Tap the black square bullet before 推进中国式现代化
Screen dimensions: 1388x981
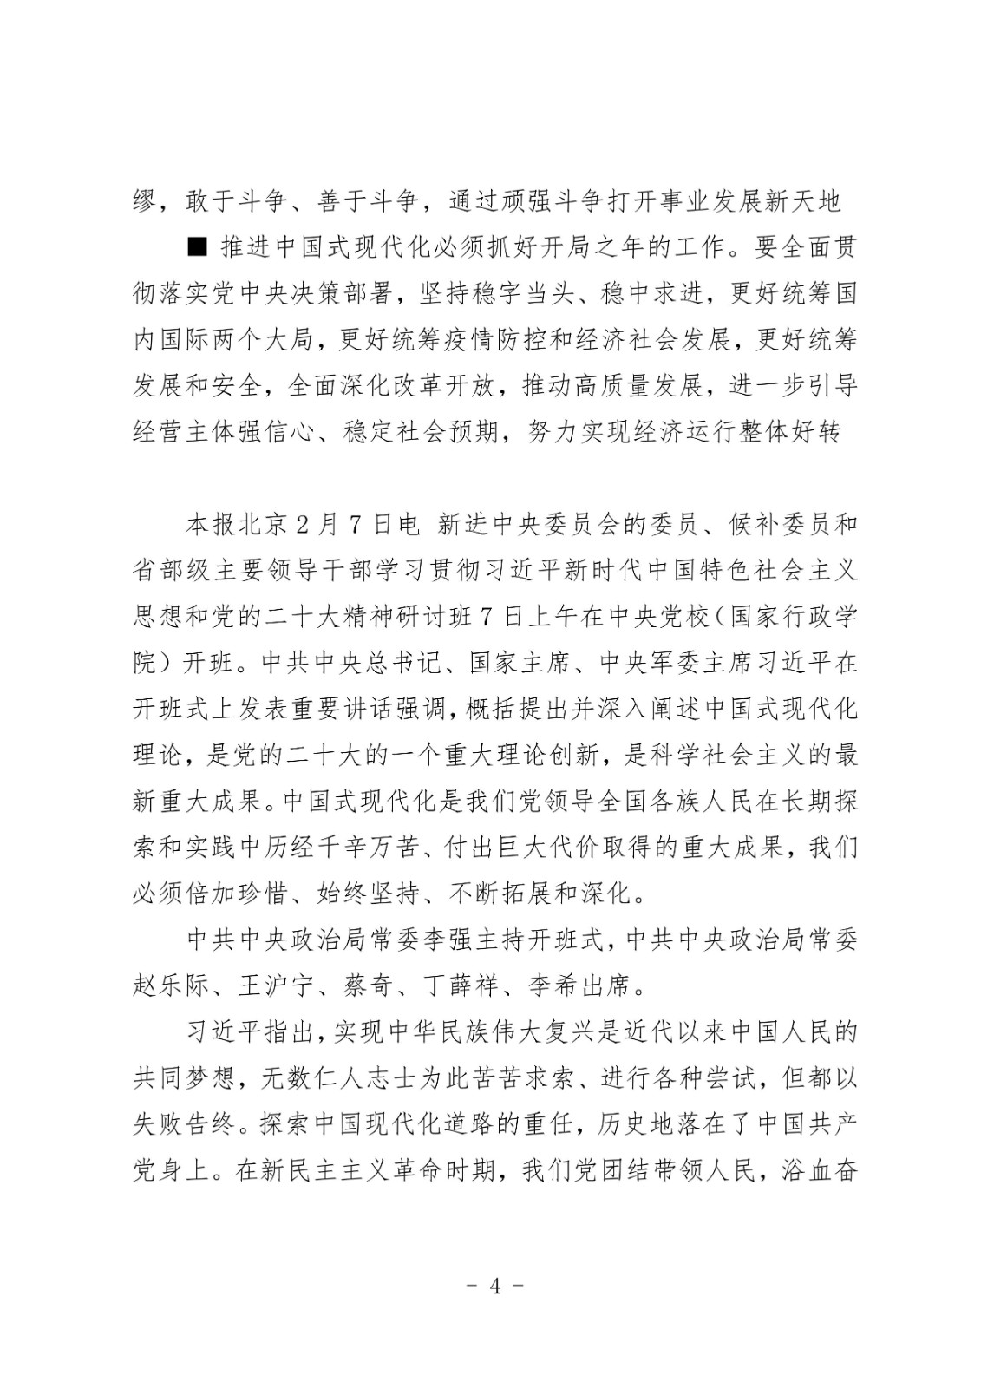(x=197, y=246)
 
